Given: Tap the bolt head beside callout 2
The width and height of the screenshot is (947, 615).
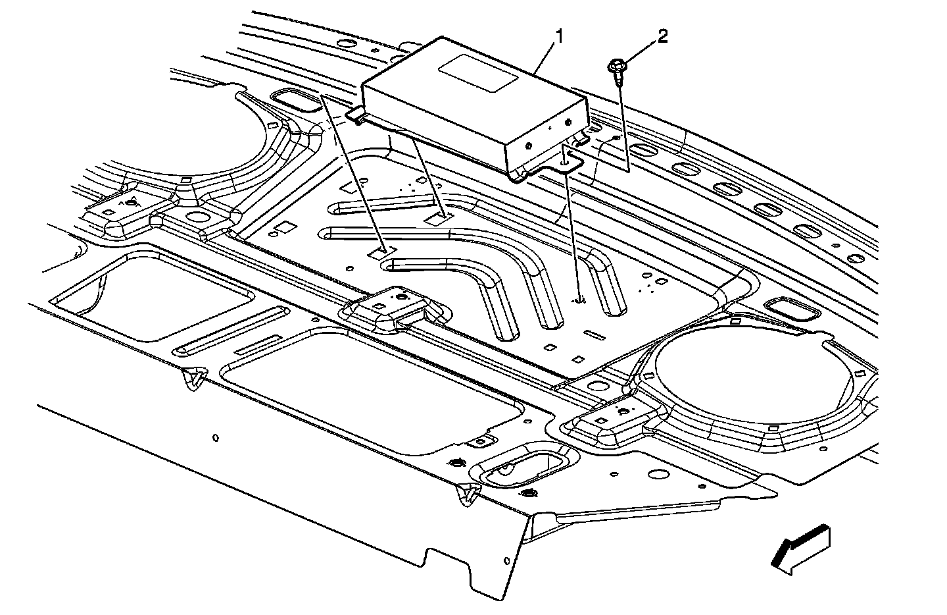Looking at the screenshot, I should [x=617, y=66].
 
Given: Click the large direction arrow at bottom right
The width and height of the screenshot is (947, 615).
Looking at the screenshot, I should [x=800, y=548].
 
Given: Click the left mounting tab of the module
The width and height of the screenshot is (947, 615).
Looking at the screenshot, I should [x=356, y=115].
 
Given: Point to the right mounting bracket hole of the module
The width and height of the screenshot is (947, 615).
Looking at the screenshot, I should [x=566, y=160].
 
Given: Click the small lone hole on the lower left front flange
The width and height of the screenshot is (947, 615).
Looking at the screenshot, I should [x=216, y=437].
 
